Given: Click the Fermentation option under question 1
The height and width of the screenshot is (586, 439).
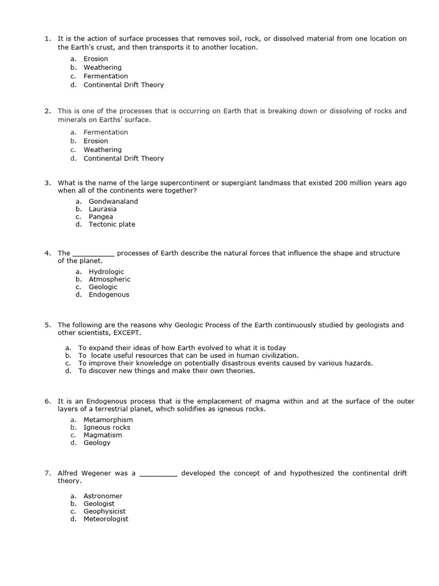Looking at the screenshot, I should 105,76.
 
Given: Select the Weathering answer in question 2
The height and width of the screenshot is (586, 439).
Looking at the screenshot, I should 102,149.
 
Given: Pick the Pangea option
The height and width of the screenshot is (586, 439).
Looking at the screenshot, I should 101,217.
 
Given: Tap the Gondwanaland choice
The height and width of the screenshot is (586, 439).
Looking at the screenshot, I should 113,201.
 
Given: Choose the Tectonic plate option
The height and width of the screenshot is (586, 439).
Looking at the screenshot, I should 111,224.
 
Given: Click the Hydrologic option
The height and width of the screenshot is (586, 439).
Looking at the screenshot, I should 106,272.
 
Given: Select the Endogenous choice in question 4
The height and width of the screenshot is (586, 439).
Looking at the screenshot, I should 109,295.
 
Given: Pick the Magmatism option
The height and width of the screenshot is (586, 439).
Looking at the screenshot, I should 102,435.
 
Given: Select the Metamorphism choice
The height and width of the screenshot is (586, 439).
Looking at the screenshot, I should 108,419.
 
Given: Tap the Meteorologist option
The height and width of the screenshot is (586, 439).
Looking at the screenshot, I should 106,519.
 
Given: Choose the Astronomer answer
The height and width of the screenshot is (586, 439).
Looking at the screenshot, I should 103,496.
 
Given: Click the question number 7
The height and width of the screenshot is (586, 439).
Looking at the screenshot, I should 47,473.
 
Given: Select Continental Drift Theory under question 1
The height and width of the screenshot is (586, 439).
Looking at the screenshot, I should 123,85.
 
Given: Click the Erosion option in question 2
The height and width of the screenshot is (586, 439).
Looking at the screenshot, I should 95,141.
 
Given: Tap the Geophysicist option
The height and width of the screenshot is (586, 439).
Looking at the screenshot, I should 105,512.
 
